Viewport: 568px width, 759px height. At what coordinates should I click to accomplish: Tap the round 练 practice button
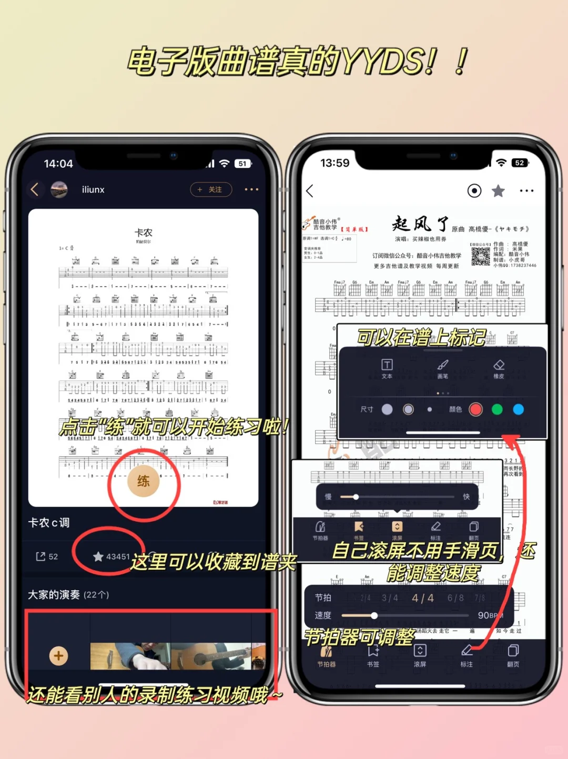click(144, 481)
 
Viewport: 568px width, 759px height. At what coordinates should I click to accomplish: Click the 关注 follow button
click(211, 189)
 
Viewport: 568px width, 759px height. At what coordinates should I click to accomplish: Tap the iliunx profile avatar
click(59, 189)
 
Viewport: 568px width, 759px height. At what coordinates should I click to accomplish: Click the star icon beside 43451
click(98, 556)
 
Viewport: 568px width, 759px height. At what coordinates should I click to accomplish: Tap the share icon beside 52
click(40, 556)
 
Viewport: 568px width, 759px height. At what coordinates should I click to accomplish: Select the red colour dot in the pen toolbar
click(475, 409)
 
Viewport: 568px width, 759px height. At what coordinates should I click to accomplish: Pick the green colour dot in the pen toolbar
click(497, 409)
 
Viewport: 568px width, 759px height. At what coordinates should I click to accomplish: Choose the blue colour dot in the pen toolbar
click(518, 409)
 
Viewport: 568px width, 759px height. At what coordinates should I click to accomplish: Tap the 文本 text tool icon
click(387, 365)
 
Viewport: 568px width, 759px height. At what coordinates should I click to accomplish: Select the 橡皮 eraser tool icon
click(499, 365)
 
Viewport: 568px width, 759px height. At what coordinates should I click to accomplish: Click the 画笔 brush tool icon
click(443, 365)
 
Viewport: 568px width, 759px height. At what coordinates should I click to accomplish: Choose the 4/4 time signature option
click(423, 598)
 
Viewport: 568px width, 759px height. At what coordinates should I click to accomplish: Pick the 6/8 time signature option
click(455, 598)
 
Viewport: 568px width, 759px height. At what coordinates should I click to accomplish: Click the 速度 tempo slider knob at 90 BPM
click(374, 615)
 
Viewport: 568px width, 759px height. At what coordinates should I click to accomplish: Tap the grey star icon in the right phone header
click(498, 191)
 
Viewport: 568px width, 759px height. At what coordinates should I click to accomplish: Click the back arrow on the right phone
click(310, 191)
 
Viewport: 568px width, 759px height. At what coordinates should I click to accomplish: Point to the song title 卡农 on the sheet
click(144, 232)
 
